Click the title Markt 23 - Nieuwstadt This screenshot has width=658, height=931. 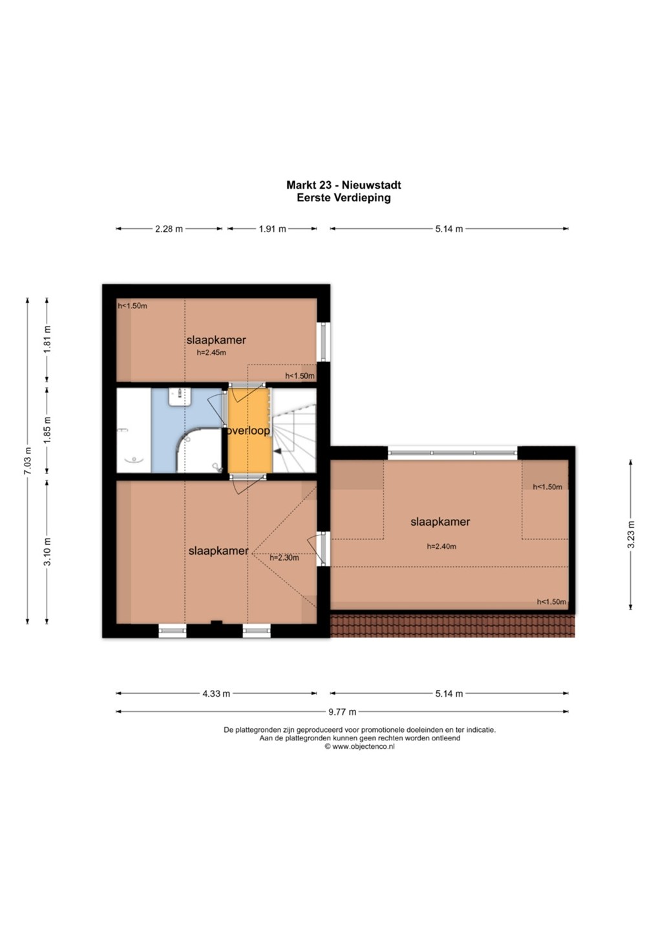click(343, 184)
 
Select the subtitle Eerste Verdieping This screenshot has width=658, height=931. click(343, 197)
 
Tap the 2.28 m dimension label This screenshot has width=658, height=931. click(169, 229)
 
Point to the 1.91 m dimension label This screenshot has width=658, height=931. click(273, 229)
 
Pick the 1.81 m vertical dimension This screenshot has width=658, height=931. click(47, 339)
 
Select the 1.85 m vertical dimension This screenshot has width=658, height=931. click(47, 430)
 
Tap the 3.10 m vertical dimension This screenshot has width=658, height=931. click(47, 551)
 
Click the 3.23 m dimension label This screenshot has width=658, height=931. click(631, 534)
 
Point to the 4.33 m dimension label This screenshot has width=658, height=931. click(216, 694)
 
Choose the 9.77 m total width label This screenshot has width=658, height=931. click(343, 712)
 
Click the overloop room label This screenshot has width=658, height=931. click(248, 431)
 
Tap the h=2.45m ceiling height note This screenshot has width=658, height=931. click(211, 353)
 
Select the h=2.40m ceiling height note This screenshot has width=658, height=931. click(441, 546)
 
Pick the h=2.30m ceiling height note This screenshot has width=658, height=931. click(284, 558)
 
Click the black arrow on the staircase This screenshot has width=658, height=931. click(278, 450)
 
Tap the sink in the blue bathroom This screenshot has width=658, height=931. click(180, 396)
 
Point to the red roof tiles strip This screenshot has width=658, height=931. click(452, 626)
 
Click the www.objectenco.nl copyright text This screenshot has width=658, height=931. click(359, 746)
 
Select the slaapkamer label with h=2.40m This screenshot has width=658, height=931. click(440, 522)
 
